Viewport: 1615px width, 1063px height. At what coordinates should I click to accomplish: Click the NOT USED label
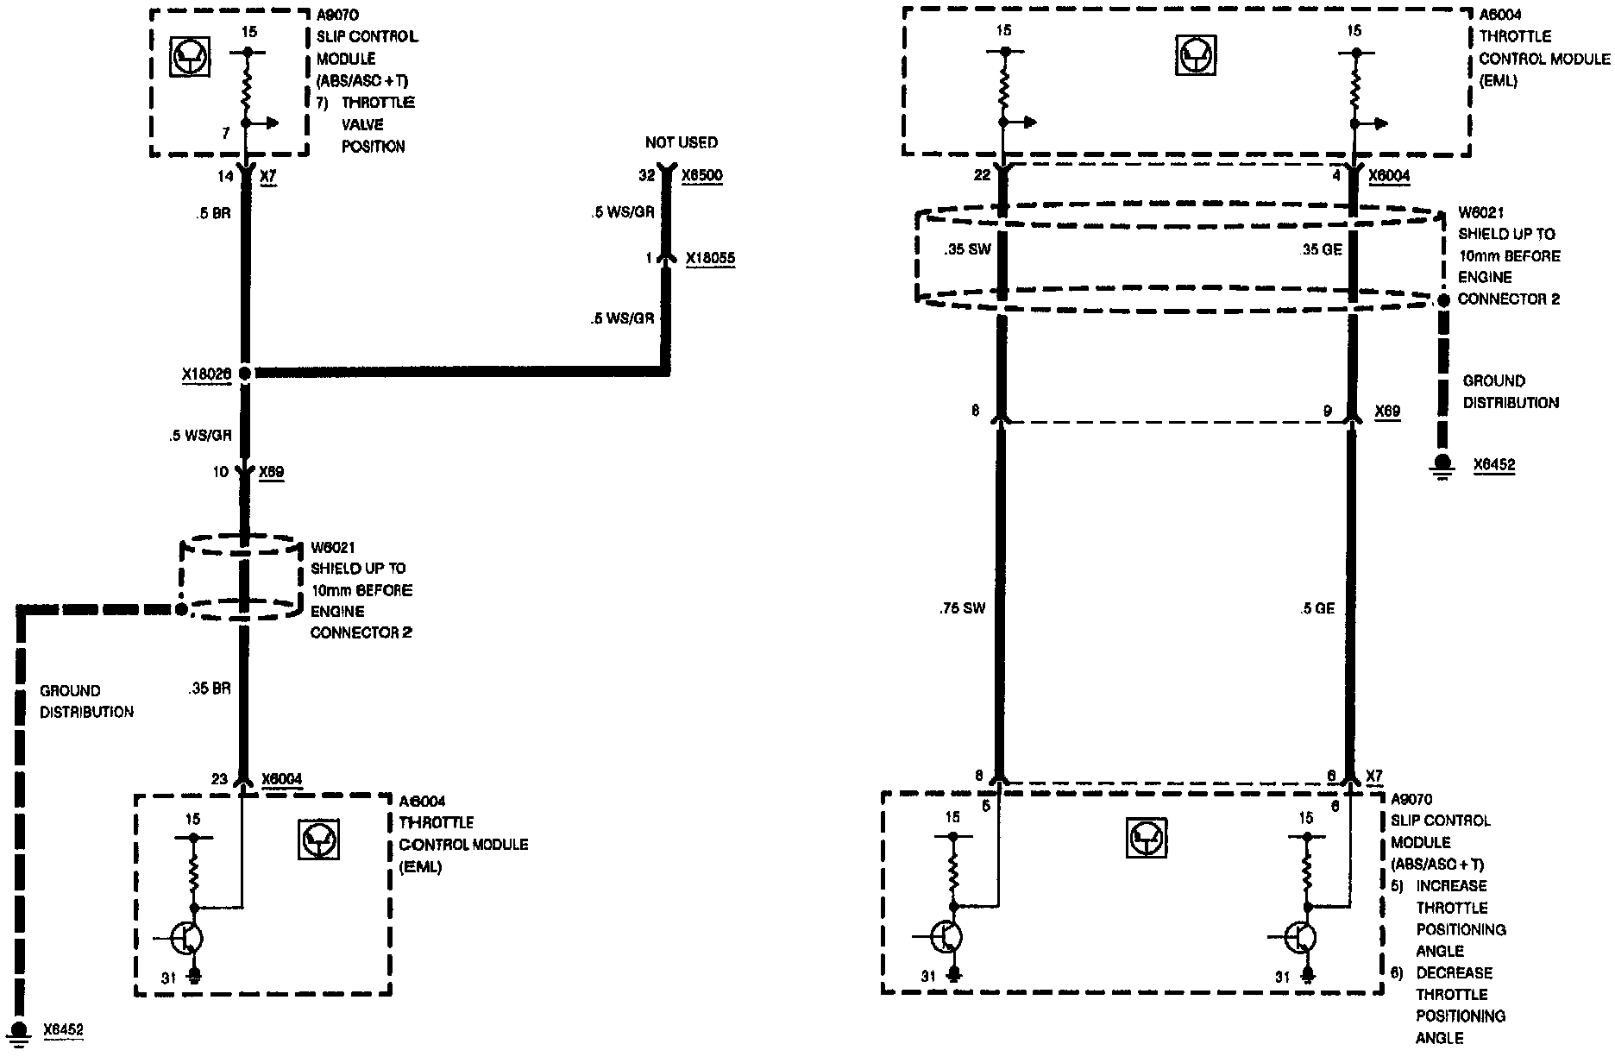click(x=681, y=142)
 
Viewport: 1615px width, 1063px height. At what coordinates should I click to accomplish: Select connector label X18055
click(x=711, y=258)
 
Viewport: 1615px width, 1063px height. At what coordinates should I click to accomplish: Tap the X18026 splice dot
click(x=245, y=374)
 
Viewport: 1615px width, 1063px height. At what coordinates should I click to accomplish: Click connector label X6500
click(x=702, y=176)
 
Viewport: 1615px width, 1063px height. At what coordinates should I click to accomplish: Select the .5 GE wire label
click(x=1317, y=609)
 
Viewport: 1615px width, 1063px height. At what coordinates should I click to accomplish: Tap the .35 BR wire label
click(x=208, y=690)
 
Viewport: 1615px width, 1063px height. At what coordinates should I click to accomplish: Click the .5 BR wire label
click(x=212, y=213)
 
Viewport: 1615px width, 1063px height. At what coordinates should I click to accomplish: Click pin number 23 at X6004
click(x=219, y=779)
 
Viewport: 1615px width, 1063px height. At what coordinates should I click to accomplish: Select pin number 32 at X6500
click(x=647, y=176)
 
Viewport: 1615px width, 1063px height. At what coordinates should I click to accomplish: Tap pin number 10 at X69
click(x=220, y=472)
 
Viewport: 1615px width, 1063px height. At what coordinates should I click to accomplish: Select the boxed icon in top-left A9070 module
click(x=185, y=59)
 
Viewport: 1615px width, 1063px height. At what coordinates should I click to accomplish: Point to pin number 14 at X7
click(x=225, y=176)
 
